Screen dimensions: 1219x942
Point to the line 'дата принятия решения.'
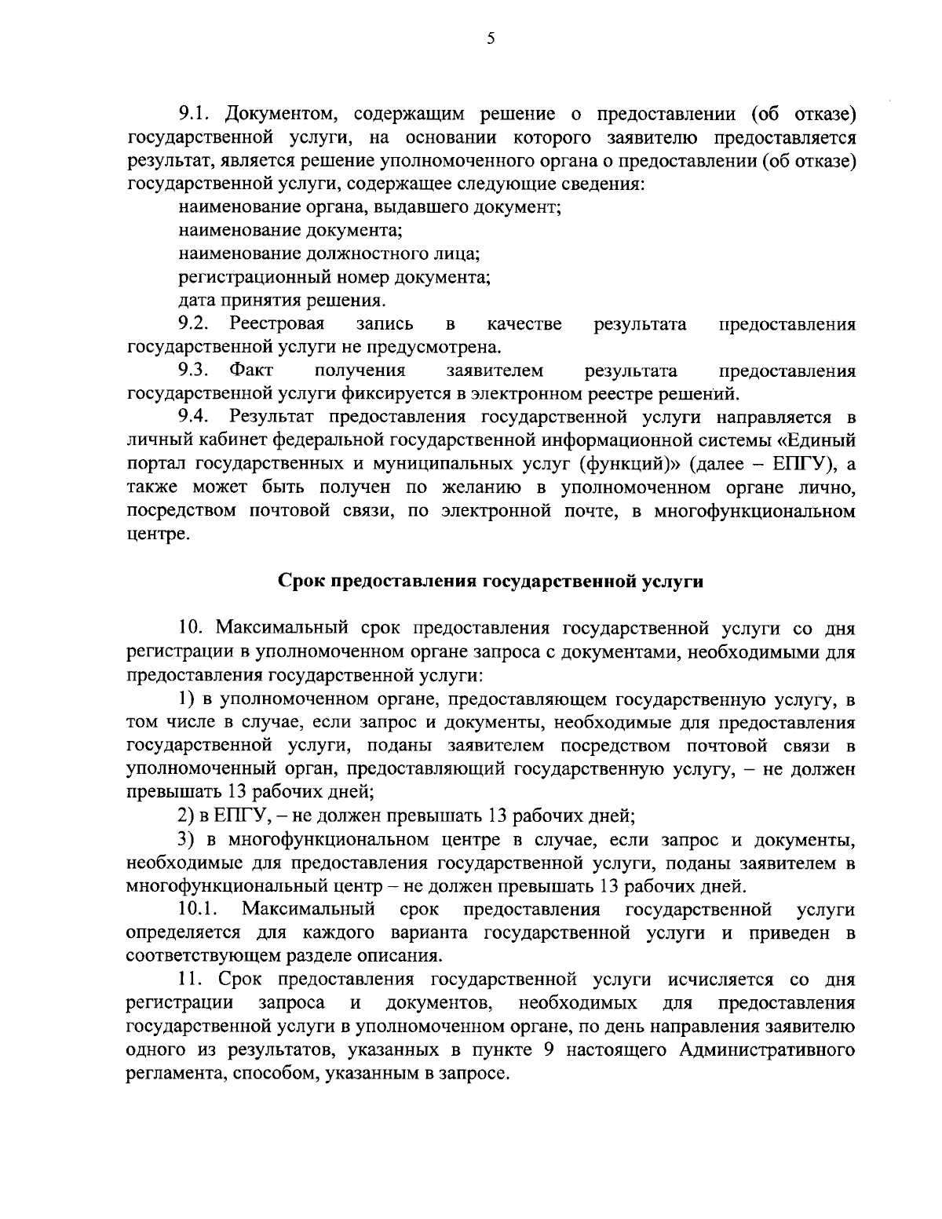coord(282,301)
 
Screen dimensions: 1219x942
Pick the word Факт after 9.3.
coord(251,370)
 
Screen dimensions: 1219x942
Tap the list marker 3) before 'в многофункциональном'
coord(186,840)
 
